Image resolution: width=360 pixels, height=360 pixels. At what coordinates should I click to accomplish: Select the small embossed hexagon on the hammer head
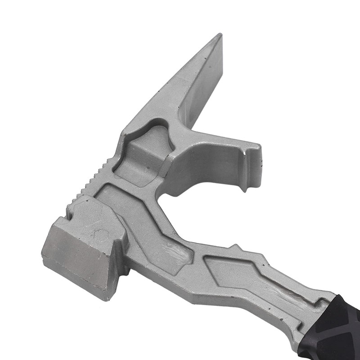point(101,234)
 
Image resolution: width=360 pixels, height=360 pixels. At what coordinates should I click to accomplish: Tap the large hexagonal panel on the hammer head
point(92,216)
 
